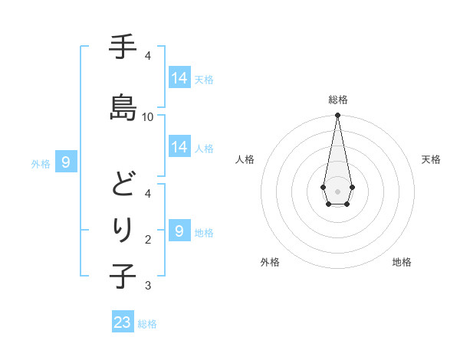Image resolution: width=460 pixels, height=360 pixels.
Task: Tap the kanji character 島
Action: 123,106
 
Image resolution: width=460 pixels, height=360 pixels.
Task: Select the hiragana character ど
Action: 123,185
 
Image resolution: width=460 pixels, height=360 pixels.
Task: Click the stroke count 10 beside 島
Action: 148,116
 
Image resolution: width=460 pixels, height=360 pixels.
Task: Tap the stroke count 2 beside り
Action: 148,240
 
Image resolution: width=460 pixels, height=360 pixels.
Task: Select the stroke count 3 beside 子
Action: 148,286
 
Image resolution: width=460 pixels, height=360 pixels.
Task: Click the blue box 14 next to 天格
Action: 179,78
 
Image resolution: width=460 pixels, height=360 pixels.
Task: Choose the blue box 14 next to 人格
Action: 179,147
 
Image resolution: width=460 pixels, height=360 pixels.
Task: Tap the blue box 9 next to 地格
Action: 179,231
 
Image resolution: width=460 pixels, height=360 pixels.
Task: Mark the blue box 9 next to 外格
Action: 66,162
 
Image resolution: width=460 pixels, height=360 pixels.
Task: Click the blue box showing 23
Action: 123,322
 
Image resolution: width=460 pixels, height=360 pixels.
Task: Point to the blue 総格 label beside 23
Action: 147,324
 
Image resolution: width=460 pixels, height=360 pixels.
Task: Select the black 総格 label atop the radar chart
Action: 337,100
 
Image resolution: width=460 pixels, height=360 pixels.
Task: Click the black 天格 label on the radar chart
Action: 432,159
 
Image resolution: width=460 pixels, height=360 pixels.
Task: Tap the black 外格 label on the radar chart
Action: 270,262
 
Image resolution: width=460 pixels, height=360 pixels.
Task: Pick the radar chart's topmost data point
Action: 337,116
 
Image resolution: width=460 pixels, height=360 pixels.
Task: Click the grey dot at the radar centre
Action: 337,190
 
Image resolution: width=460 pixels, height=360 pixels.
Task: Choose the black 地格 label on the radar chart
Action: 402,262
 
